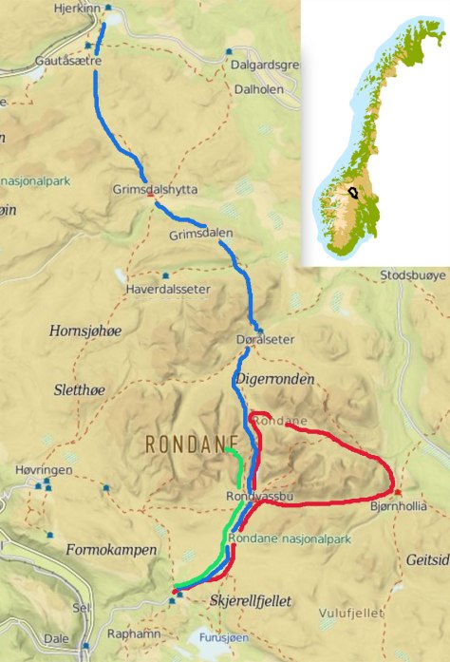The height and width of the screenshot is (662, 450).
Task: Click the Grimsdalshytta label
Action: tap(155, 189)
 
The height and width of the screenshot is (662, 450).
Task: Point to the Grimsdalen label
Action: tap(199, 234)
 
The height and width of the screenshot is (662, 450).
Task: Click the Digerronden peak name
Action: tap(273, 380)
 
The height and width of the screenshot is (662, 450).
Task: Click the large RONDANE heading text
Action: tap(190, 444)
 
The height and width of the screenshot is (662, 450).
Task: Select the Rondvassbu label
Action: tap(257, 497)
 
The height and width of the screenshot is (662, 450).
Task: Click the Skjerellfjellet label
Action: tap(249, 601)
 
